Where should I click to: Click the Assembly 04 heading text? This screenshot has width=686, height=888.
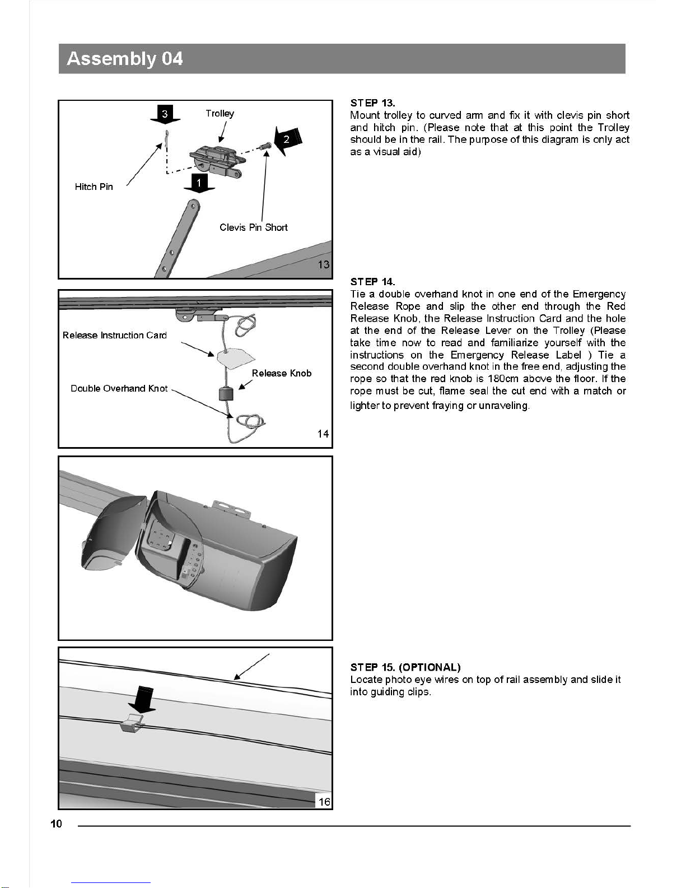124,58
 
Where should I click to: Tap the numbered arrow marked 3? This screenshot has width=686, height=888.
165,114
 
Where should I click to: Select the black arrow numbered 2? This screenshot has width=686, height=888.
288,140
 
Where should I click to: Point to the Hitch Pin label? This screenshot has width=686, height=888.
94,187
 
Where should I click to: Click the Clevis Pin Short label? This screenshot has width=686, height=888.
254,227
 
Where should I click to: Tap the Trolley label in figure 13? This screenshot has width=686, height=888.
220,113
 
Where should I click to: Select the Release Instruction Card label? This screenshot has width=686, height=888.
115,335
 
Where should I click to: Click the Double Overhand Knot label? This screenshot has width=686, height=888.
119,388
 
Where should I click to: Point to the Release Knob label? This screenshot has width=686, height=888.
281,373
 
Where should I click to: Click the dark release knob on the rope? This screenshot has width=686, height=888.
226,394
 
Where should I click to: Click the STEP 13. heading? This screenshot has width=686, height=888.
372,103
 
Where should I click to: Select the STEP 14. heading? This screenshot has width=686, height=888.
372,282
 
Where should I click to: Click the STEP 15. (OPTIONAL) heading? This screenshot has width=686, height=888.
405,667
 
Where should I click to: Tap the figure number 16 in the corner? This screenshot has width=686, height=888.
324,802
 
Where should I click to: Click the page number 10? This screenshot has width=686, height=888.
56,824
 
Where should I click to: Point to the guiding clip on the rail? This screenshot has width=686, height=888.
132,723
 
